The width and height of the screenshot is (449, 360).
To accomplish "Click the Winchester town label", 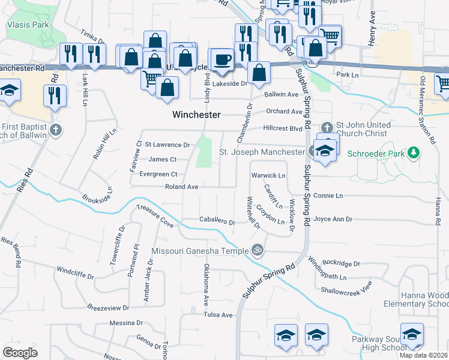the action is click(197, 115).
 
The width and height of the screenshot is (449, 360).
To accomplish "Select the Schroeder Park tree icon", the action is click(413, 154).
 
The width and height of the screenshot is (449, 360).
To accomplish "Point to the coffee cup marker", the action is click(223, 59).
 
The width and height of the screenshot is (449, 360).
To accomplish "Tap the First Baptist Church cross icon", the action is click(56, 130).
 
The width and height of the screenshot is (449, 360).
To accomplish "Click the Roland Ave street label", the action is click(181, 187).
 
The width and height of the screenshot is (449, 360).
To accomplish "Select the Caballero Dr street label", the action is click(217, 222).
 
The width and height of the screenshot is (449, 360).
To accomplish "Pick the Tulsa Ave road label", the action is click(217, 315).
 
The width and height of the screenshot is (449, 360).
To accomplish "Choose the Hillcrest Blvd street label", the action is click(283, 128).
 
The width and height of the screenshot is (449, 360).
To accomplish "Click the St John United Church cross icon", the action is click(327, 127).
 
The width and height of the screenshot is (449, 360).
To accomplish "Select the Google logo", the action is click(20, 352).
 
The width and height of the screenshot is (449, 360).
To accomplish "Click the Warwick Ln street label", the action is click(268, 175).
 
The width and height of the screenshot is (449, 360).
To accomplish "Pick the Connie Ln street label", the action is click(328, 196).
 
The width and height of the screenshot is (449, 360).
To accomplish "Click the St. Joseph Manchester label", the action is click(262, 152).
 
